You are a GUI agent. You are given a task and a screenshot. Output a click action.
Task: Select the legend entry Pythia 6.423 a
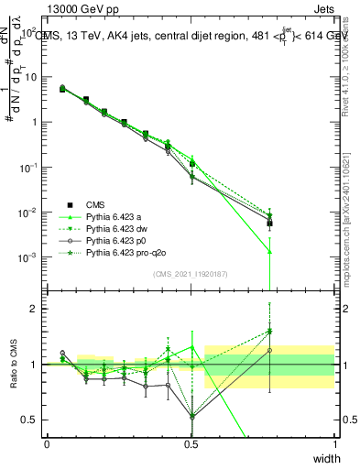pos(115,217)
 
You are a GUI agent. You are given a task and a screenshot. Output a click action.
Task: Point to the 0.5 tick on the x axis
pos(191,443)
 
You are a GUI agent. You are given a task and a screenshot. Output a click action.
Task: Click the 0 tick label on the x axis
pos(48,443)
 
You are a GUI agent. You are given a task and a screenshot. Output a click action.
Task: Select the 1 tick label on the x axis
pos(334,443)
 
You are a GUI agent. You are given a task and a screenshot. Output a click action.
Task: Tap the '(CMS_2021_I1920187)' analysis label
pos(191,274)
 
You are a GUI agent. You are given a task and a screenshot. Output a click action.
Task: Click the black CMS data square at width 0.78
pos(270,223)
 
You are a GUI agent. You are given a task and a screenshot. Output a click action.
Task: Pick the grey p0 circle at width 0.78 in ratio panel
pos(270,350)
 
